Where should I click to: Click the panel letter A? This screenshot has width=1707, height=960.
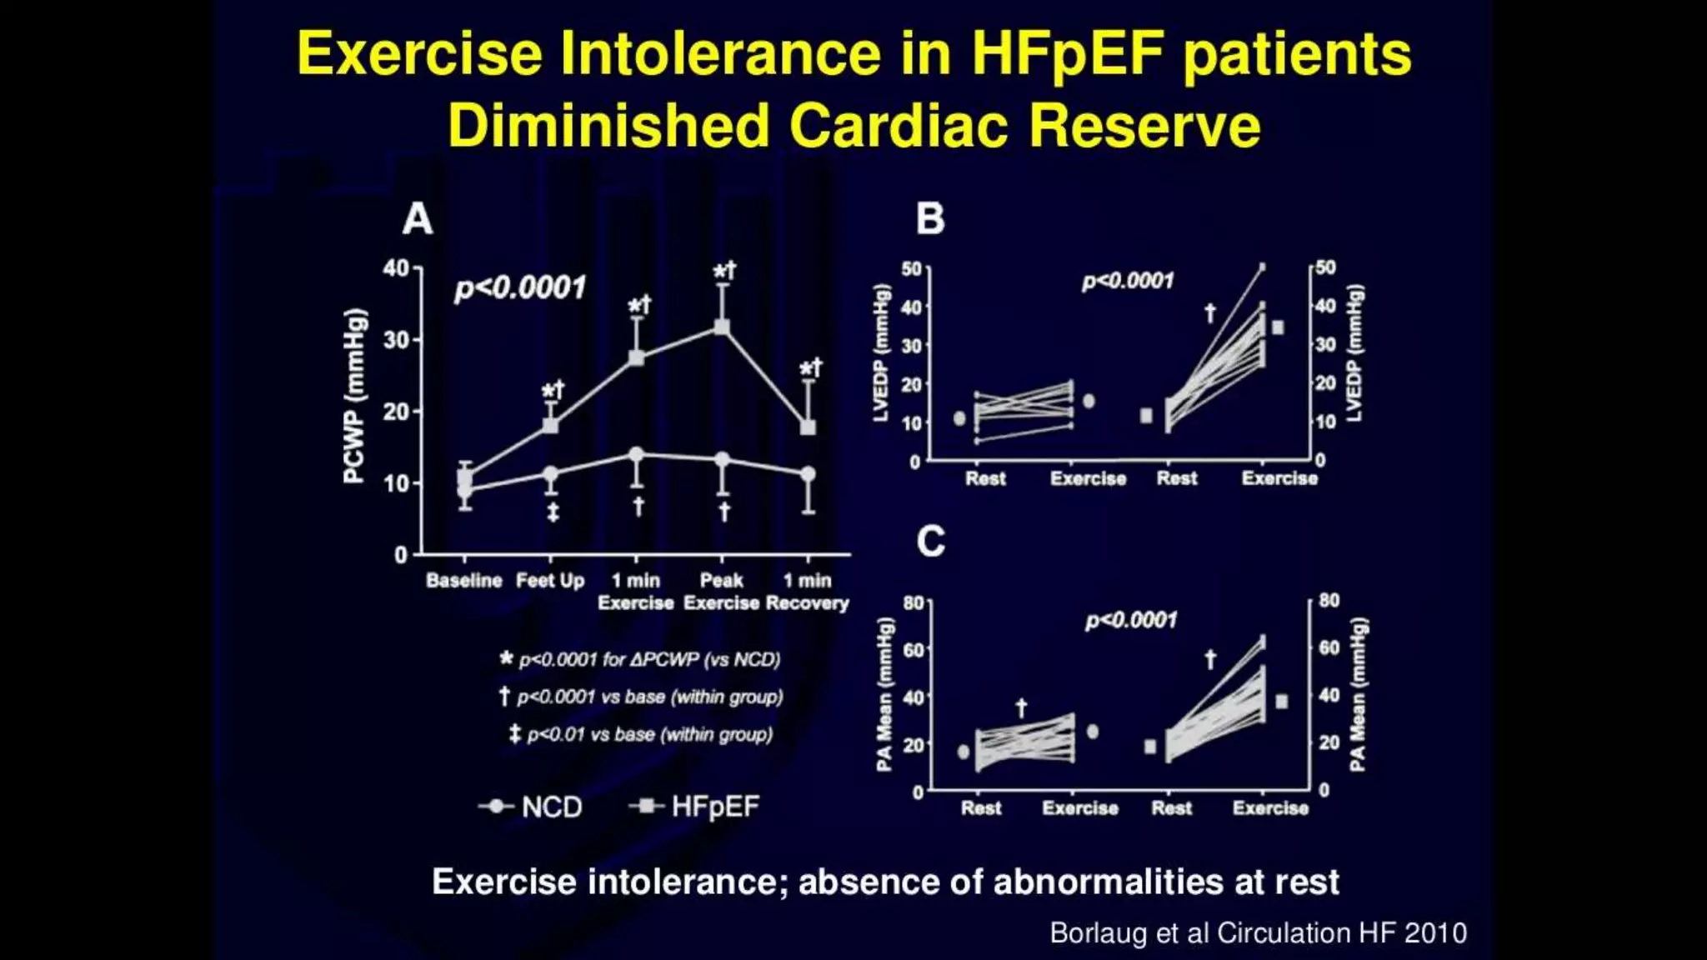click(x=418, y=219)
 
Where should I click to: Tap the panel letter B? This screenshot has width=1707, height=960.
click(x=930, y=219)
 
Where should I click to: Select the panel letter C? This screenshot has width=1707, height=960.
click(x=931, y=542)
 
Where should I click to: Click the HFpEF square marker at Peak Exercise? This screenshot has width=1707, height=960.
click(x=722, y=327)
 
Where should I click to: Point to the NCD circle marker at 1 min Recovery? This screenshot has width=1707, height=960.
click(x=808, y=474)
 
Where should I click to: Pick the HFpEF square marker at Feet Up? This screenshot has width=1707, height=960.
click(x=551, y=426)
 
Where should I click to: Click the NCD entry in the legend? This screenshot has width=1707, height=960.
click(x=531, y=807)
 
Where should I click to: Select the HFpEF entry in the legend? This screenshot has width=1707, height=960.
click(x=695, y=807)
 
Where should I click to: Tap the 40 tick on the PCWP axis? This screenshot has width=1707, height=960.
click(x=396, y=268)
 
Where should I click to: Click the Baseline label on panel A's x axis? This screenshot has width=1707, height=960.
click(x=463, y=580)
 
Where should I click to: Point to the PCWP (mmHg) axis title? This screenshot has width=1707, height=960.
click(x=354, y=396)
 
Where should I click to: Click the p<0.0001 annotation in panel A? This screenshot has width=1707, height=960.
click(x=520, y=288)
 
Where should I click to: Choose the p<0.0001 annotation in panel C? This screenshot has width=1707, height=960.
click(x=1131, y=621)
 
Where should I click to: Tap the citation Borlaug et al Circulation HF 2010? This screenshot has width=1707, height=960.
click(x=1258, y=932)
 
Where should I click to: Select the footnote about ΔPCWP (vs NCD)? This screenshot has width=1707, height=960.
click(x=640, y=659)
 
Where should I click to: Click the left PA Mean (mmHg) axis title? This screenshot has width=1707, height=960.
click(x=884, y=694)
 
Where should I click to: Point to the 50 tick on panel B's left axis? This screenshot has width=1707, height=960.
click(x=912, y=269)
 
